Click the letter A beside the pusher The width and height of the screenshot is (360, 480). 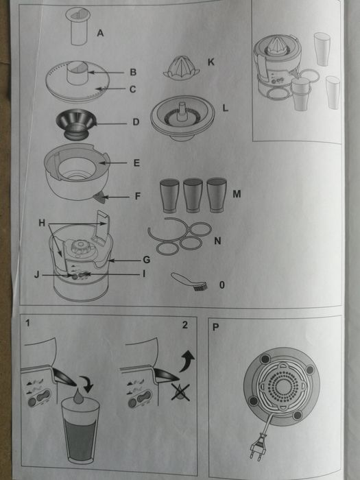[x=101, y=32]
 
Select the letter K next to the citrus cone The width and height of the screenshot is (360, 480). [x=211, y=62]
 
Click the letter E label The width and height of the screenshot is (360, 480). [x=136, y=163]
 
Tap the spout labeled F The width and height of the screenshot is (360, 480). [x=100, y=197]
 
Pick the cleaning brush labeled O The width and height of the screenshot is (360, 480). [x=187, y=280]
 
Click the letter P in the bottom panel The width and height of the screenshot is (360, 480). [x=217, y=326]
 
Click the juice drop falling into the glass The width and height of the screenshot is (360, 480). [x=79, y=396]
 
